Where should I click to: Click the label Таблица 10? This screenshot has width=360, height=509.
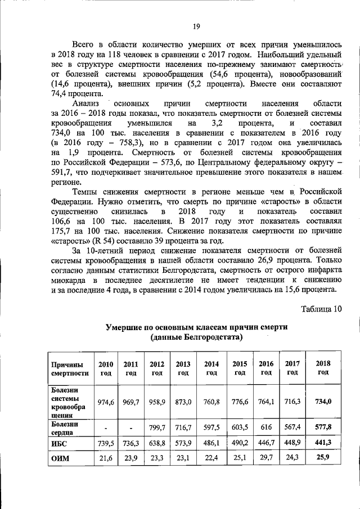(322, 309)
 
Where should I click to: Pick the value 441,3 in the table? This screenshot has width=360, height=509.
(323, 443)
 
